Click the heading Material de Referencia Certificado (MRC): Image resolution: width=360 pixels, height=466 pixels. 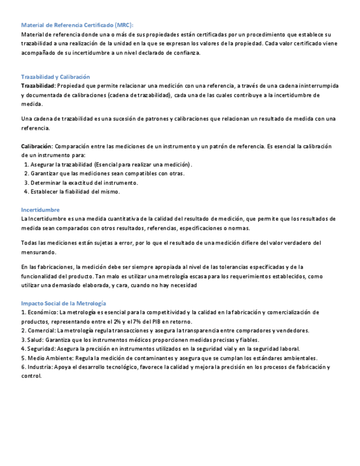(x=77, y=25)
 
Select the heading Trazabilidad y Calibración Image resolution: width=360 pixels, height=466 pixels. (x=56, y=77)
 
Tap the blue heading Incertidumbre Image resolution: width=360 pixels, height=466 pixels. (x=40, y=210)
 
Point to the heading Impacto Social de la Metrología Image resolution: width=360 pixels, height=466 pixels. (x=63, y=303)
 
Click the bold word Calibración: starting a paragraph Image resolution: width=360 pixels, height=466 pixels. (x=37, y=147)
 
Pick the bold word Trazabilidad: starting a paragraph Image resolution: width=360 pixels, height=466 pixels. (x=38, y=86)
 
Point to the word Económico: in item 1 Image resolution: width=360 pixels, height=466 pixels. (x=41, y=313)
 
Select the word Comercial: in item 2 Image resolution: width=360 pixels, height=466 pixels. (x=40, y=331)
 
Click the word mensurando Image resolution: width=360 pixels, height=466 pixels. (x=38, y=252)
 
